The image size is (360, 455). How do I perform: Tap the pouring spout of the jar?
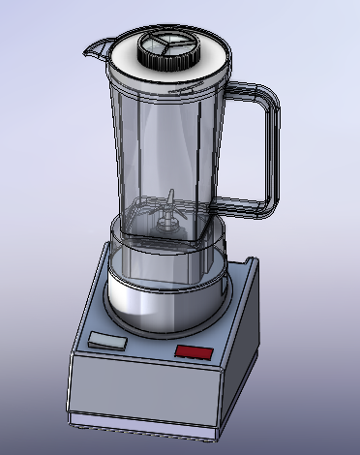(x=97, y=45)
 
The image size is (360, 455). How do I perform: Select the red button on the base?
(x=194, y=351)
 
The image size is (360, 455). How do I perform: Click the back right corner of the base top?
(x=255, y=260)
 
